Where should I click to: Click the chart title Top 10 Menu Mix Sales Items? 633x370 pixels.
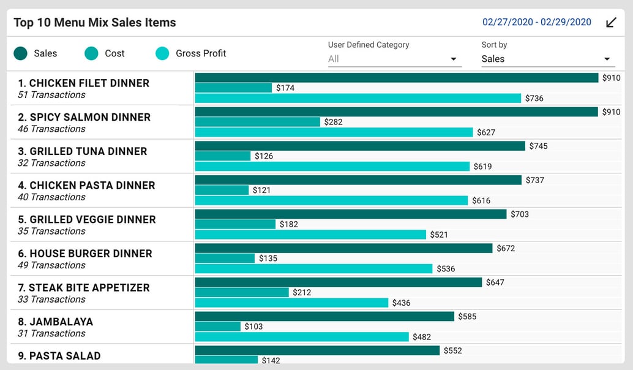tap(95, 23)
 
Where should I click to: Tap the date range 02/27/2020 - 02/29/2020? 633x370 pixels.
tap(536, 22)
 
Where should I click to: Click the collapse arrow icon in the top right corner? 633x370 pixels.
tap(611, 23)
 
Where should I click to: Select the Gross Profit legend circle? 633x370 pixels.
tap(162, 54)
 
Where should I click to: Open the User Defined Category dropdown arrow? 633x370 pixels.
tap(454, 59)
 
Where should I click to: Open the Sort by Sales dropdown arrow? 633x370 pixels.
tap(607, 59)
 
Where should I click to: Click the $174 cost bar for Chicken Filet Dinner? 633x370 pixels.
tap(233, 88)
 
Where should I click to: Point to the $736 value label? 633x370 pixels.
tap(534, 99)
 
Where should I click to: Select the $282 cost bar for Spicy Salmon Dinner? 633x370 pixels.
tap(257, 122)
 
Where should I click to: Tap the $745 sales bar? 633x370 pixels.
tap(360, 146)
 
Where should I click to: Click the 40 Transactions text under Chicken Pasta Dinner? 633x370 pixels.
tap(51, 197)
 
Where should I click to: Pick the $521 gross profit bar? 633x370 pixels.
tap(310, 235)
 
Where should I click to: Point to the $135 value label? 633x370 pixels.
tap(268, 259)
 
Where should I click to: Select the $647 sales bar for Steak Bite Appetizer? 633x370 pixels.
tap(339, 282)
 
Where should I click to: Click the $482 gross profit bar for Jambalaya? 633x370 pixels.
tap(302, 337)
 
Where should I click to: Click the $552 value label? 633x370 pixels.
tap(452, 351)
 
